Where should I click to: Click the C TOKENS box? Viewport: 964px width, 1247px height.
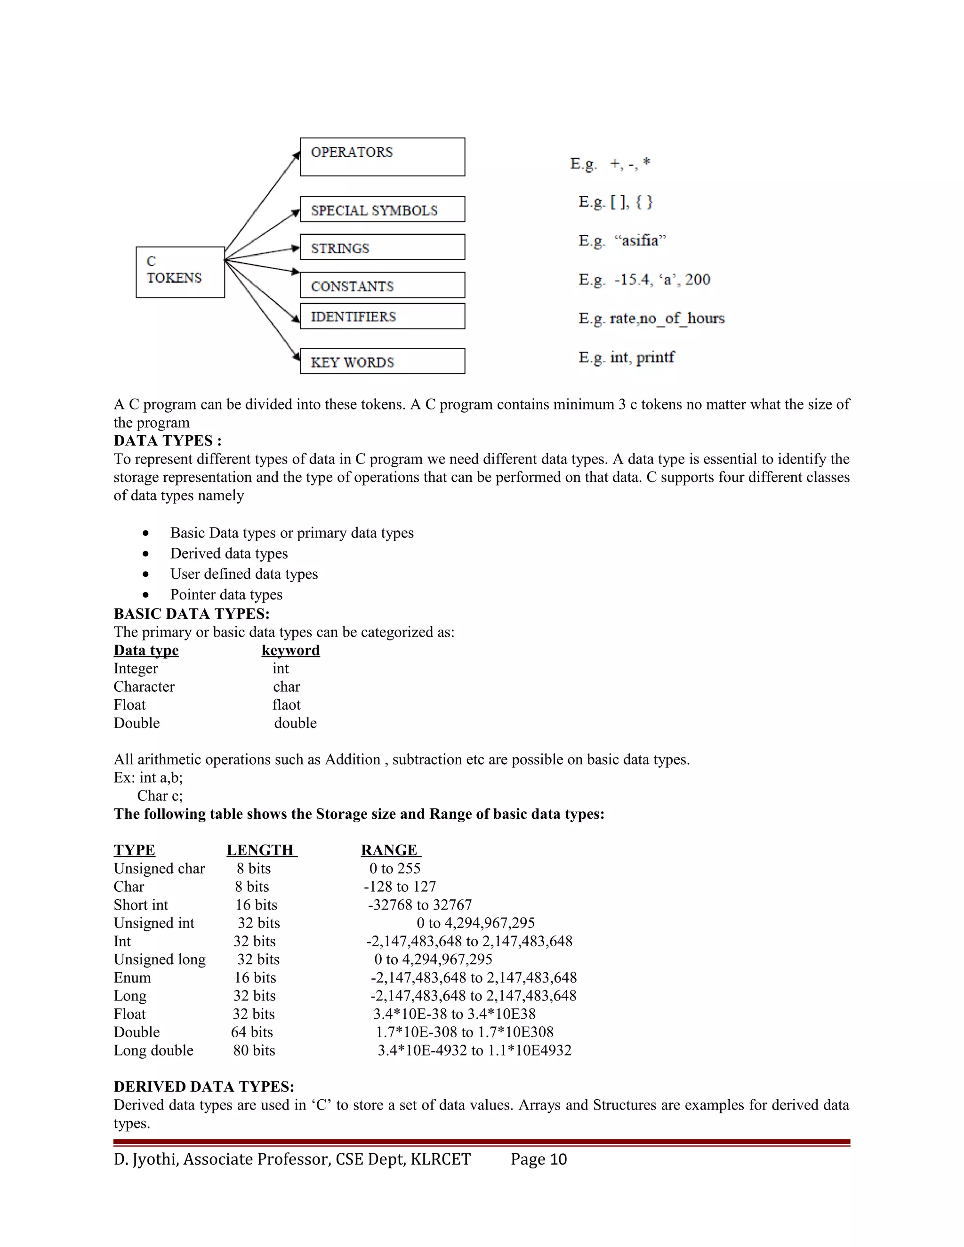point(180,272)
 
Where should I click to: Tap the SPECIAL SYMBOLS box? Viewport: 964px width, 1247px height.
point(382,209)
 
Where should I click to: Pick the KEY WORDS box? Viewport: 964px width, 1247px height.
point(382,361)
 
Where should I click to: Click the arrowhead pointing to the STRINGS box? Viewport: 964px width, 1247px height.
point(296,248)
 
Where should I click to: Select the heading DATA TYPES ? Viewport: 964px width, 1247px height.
point(167,441)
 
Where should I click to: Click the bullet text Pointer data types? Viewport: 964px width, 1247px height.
point(226,594)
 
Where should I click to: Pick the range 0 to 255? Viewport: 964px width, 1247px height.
point(394,869)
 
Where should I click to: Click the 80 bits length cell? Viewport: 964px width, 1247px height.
point(254,1050)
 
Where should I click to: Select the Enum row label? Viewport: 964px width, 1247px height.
point(132,977)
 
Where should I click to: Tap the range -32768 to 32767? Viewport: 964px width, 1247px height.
point(420,905)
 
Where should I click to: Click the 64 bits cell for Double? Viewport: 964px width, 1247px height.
point(252,1032)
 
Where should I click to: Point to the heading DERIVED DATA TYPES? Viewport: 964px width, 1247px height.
point(204,1087)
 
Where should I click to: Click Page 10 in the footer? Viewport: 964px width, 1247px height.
point(538,1159)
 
